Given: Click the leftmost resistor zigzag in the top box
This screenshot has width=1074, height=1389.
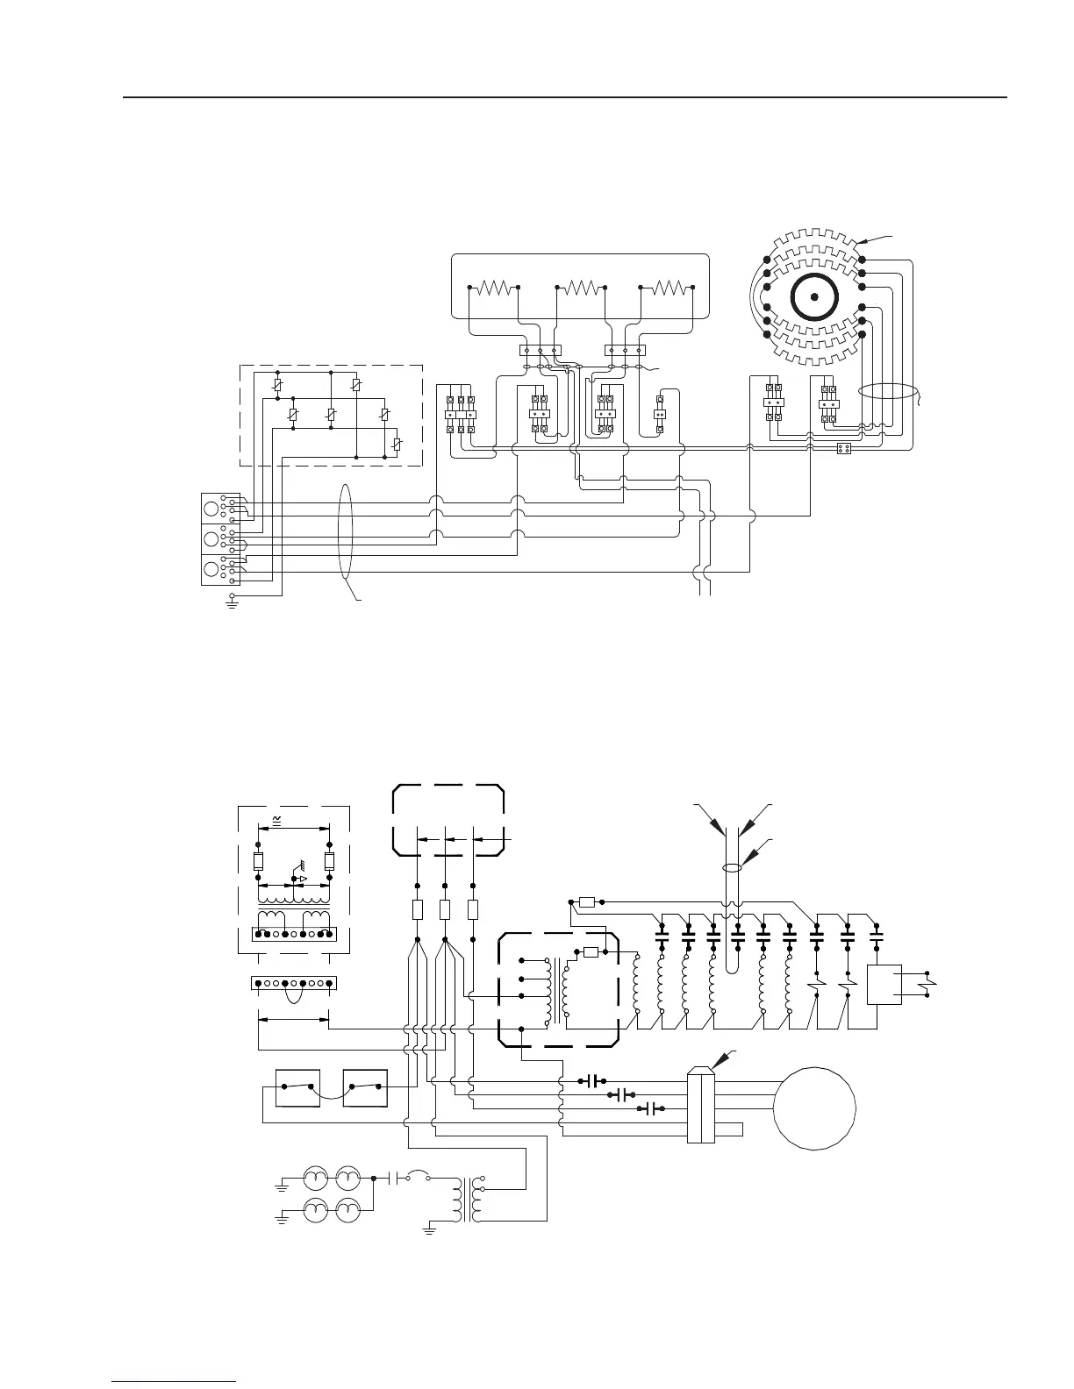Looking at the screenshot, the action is coord(494,287).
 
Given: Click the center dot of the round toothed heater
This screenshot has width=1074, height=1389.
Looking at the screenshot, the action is coord(815,297).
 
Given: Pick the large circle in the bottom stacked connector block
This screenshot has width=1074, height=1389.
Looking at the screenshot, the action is coord(211,570).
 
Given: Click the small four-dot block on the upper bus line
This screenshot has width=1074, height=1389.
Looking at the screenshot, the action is coord(844,449).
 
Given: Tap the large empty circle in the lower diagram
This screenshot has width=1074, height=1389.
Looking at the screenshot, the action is coord(814,1108).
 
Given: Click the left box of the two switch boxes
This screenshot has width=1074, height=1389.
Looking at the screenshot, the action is coord(297,1088).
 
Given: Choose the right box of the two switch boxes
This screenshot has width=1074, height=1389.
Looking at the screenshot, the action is coord(365,1088).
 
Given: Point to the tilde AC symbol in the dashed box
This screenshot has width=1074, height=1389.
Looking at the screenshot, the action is coord(278,819).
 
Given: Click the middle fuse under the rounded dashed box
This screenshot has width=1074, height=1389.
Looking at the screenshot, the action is coord(445,909).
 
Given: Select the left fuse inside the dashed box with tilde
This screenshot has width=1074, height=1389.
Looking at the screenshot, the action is coord(259,860).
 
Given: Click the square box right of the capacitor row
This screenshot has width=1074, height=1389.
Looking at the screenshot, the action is coord(884,984).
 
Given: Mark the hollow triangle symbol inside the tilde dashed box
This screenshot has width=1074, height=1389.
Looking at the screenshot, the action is coord(303,878).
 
